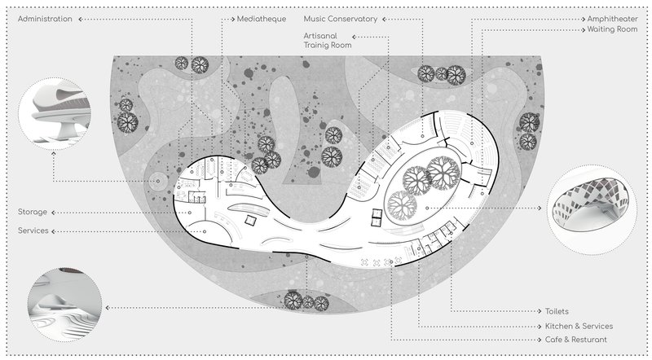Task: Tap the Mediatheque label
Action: pos(261,18)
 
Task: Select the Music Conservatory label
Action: pos(341,18)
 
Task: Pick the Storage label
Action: pos(33,213)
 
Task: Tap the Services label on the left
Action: pos(33,231)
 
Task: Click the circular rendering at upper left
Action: pos(55,112)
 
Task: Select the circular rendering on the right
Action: pos(588,209)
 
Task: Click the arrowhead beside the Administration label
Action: pos(79,18)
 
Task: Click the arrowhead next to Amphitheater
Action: pos(581,18)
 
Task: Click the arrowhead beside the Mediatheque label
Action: pos(231,18)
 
